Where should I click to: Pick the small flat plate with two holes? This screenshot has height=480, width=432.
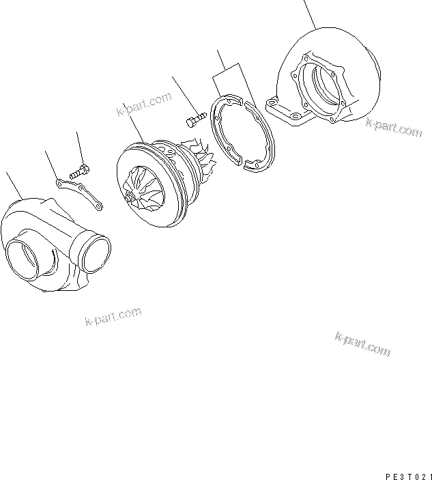[78, 192]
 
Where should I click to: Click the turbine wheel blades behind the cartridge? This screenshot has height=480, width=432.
[202, 160]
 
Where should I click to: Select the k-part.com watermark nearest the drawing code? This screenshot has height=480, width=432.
[363, 345]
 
